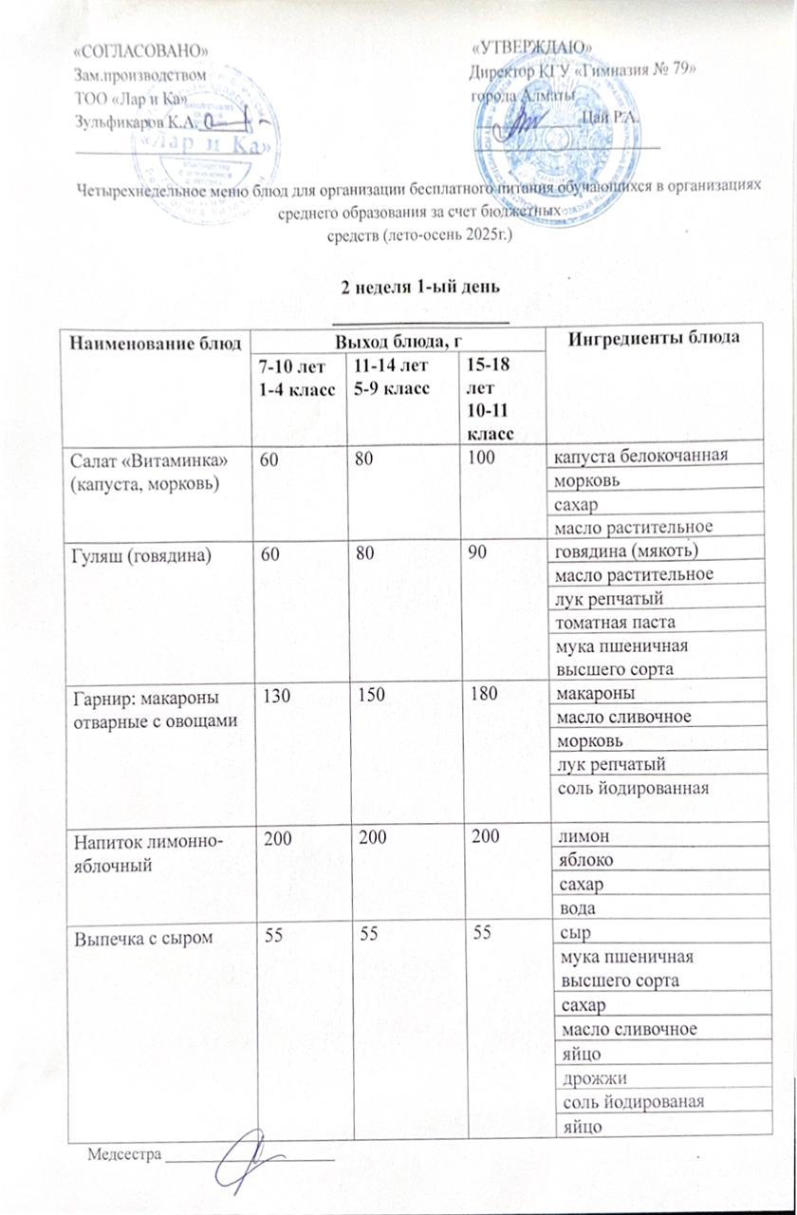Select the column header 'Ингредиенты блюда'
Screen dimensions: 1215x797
pos(664,340)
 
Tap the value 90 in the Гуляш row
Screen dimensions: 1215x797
pos(472,551)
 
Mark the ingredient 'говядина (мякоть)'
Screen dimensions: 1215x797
pos(631,551)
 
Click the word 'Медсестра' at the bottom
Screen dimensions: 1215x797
pos(123,1154)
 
